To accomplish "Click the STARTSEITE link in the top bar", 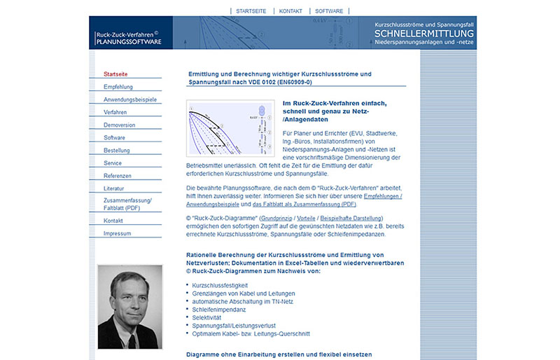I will click(x=250, y=11).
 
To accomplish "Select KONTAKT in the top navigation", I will click(x=290, y=11).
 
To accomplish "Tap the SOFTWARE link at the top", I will click(x=329, y=11).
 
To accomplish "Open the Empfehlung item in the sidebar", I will click(x=118, y=87).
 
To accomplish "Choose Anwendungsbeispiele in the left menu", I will click(x=130, y=99).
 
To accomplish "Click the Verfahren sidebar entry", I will click(x=115, y=112).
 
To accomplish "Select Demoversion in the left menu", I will click(x=120, y=125).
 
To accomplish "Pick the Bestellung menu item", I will click(x=117, y=151).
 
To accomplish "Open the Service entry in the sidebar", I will click(x=113, y=163).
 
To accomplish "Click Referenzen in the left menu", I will click(x=118, y=176).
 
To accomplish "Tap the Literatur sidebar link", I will click(x=113, y=188).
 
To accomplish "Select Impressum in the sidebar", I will click(x=117, y=233).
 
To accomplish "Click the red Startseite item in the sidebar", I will click(x=115, y=74).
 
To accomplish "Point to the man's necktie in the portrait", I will click(x=132, y=340).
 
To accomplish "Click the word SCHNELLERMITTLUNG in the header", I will click(x=424, y=33).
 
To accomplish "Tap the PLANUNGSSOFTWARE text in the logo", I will click(x=128, y=41).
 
